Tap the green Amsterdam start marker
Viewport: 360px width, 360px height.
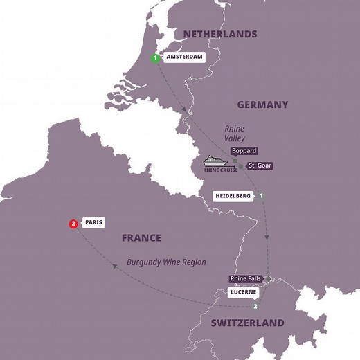[x=155, y=58]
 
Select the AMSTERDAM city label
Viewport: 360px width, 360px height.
[x=183, y=58]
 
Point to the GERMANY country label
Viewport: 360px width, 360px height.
[x=262, y=105]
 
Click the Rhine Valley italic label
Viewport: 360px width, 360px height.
[x=234, y=133]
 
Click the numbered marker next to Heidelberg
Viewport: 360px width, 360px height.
[x=261, y=197]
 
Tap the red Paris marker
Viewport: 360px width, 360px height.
[x=73, y=223]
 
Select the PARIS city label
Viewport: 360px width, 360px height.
[x=93, y=223]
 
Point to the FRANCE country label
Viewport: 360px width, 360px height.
[x=141, y=237]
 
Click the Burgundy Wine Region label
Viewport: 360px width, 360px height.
[x=167, y=262]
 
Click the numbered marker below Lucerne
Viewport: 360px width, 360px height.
[x=255, y=306]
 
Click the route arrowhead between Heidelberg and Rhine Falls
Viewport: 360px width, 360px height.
[x=267, y=238]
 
